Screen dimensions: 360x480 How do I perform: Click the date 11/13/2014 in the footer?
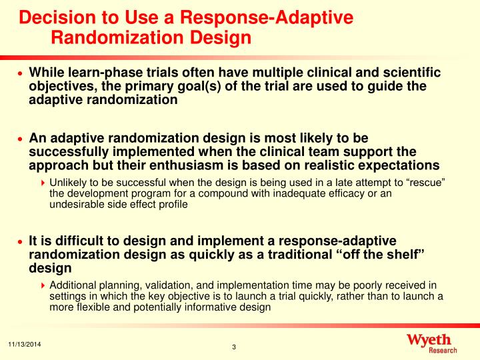pos(24,343)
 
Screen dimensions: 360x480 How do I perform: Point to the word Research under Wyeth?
pos(443,351)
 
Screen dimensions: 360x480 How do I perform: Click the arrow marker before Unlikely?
pos(44,183)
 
